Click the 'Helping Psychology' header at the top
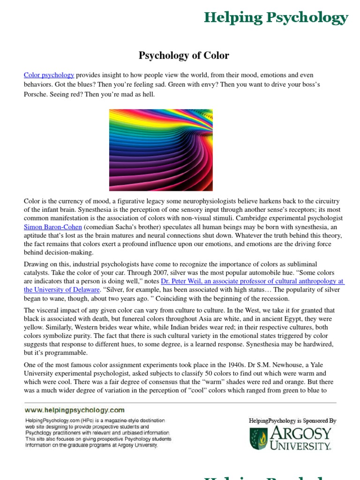click(276, 18)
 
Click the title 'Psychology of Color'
click(184, 55)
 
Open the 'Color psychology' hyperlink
click(49, 75)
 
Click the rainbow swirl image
click(161, 150)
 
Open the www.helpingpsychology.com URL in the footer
click(75, 410)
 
